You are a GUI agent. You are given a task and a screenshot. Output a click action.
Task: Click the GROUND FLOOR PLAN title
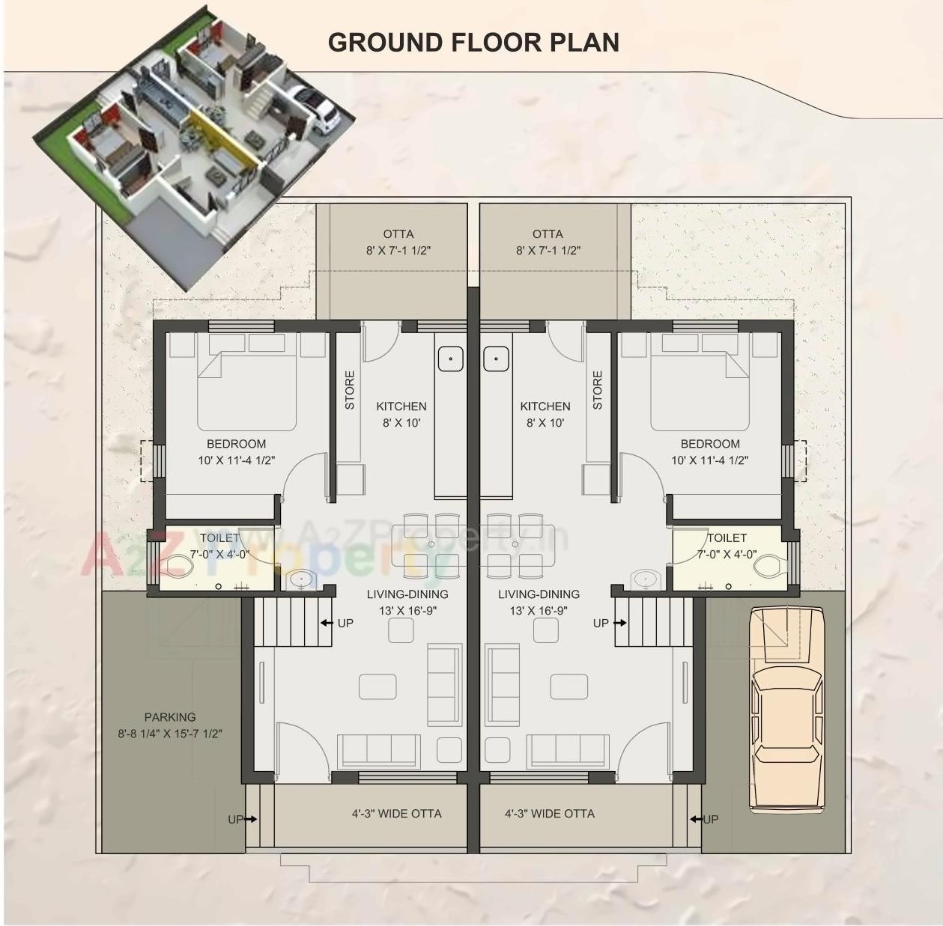pos(473,43)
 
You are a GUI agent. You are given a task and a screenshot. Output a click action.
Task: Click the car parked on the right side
pos(786,707)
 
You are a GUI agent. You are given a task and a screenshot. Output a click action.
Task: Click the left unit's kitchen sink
pos(450,359)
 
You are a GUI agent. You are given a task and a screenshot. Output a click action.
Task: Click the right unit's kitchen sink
pos(496,359)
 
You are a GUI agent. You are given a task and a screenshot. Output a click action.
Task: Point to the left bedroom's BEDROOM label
pos(236,444)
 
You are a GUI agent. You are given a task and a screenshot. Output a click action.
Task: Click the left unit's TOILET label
pos(219,538)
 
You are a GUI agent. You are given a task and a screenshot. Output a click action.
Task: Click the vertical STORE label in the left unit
pos(350,390)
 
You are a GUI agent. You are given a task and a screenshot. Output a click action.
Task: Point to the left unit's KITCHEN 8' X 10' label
pos(401,414)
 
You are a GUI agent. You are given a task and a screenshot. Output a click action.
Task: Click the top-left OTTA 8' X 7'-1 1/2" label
pos(398,242)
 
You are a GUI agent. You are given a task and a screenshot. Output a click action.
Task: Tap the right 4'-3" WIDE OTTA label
pos(549,813)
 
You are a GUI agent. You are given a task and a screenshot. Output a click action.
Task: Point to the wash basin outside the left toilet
pos(302,579)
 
